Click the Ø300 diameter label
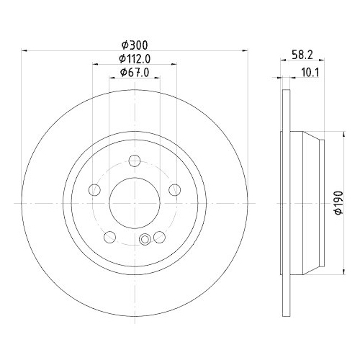tap(135, 45)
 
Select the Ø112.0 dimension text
tap(135, 58)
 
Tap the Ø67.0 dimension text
tap(135, 72)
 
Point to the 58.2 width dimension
tap(302, 55)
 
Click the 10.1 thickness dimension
tap(310, 73)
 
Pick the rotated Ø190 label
tap(338, 203)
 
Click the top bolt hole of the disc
tap(135, 161)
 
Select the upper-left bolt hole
tap(94, 190)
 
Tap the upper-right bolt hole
tap(175, 190)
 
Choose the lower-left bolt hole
tap(110, 237)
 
